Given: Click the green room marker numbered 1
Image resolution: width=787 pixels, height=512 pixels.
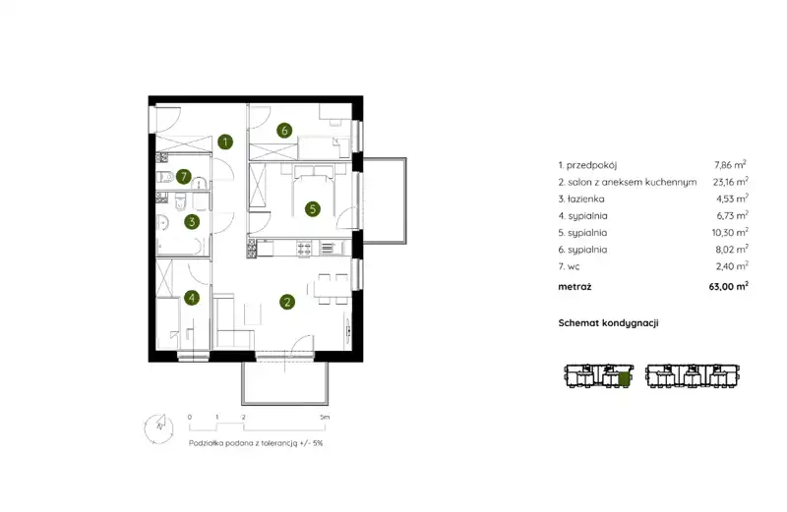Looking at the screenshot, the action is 225,142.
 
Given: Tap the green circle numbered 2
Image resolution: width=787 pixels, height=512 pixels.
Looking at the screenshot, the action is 287,302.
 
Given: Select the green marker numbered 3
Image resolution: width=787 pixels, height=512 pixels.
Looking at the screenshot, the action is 192,222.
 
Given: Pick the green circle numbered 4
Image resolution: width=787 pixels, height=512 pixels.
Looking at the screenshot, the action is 192,298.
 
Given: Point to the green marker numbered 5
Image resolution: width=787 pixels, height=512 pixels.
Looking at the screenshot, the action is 312,208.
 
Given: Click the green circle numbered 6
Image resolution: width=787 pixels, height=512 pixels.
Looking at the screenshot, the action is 284,131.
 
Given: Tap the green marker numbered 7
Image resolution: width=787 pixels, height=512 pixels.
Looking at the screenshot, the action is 184,177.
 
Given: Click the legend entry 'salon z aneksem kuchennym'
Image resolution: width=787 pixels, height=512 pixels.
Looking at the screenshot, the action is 632,183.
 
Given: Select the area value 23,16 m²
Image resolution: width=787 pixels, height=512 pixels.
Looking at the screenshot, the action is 730,182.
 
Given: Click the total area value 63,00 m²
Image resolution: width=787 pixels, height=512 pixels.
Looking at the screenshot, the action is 728,286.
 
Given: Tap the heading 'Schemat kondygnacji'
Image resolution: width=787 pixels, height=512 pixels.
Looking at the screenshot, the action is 608,323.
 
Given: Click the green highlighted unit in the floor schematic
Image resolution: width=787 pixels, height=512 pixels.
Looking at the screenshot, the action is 624,379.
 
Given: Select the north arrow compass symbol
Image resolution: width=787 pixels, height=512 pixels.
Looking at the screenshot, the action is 159,428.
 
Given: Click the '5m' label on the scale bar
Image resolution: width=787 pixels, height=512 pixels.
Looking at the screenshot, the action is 325,418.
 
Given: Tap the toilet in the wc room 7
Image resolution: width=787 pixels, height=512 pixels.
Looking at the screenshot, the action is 164,177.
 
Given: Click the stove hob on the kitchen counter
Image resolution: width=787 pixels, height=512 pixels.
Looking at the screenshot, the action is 304,248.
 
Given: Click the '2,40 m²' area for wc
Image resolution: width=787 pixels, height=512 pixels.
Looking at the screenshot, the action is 732,266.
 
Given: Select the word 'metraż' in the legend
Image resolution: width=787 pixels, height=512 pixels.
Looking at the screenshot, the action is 575,287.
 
